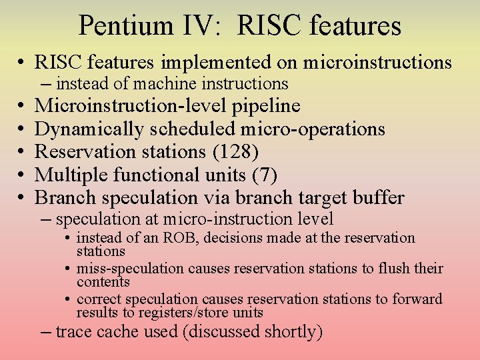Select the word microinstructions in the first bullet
(377, 63)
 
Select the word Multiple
(69, 175)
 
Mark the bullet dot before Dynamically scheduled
(21, 129)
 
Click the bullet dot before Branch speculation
(21, 198)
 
